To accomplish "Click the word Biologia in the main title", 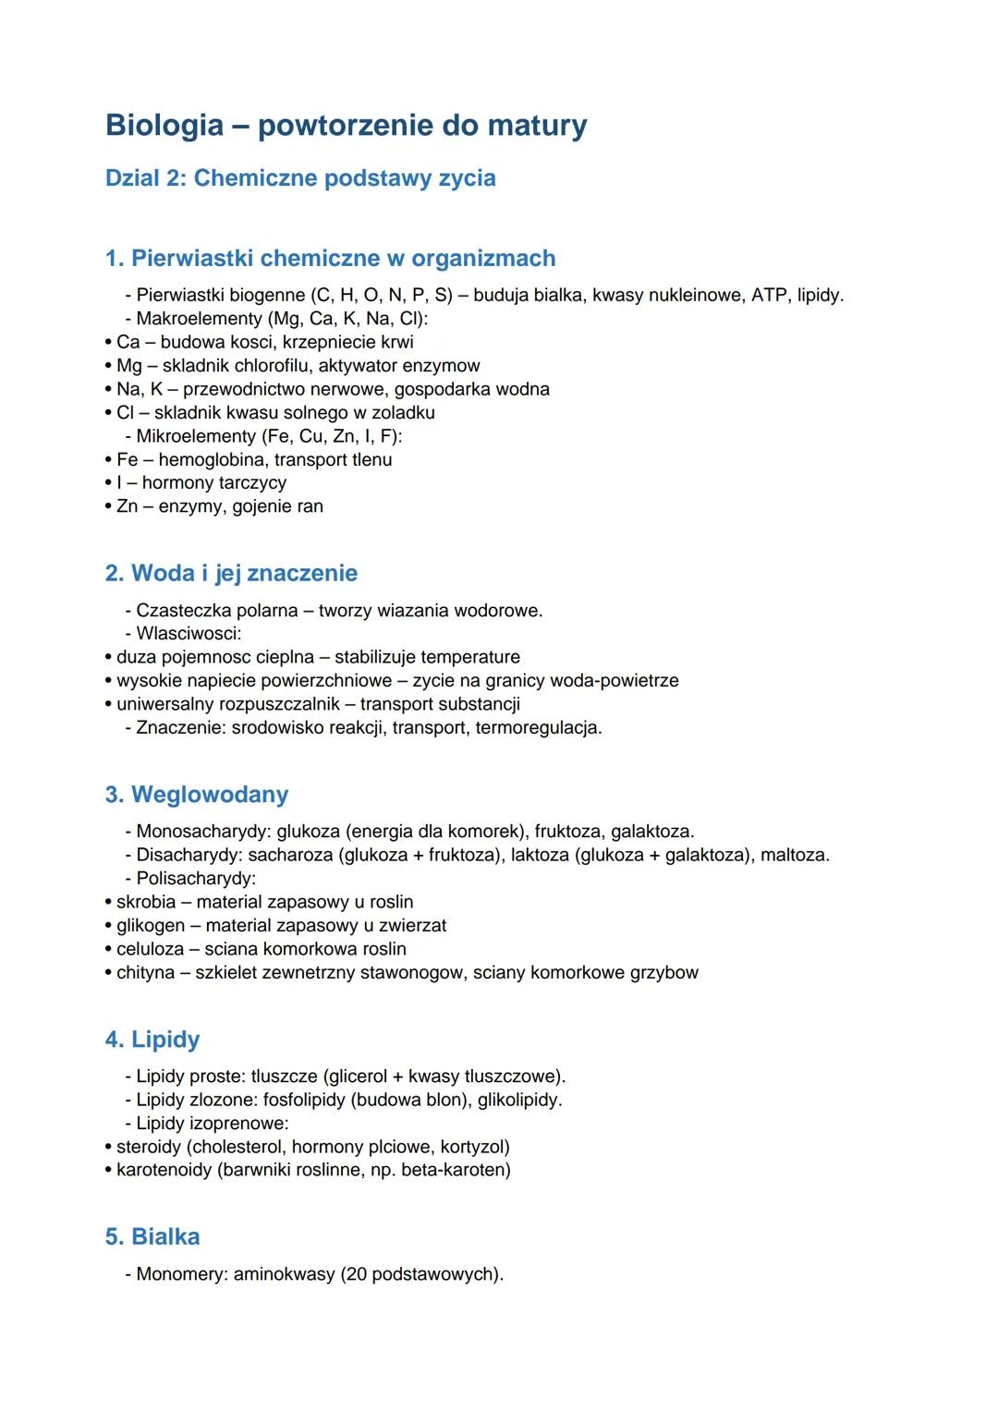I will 164,125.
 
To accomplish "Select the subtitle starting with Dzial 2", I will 300,177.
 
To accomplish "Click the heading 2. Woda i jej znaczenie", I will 231,573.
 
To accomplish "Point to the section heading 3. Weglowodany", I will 197,795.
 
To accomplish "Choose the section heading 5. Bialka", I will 152,1236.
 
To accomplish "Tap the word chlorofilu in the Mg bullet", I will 265,366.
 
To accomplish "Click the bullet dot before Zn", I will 108,506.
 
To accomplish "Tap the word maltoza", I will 794,855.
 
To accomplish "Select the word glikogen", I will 151,926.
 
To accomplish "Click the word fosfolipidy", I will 304,1100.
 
